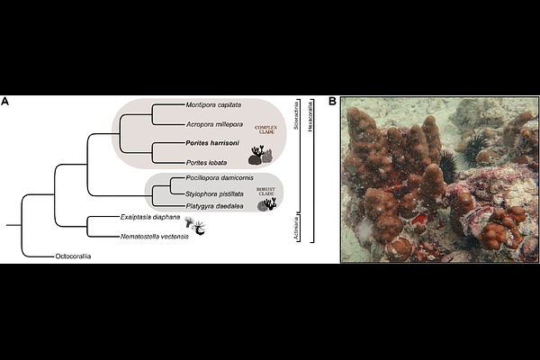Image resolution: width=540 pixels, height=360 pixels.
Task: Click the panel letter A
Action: coord(5,101)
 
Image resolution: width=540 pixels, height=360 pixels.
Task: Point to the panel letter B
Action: coord(332,101)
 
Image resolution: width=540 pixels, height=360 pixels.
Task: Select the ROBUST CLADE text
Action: coord(265,193)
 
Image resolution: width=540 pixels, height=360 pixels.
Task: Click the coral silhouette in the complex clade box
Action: coord(260,157)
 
